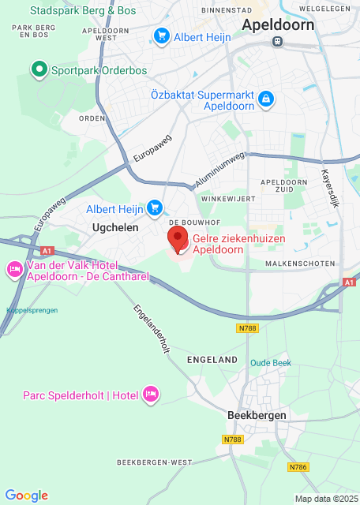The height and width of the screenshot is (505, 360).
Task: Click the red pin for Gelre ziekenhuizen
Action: (x=178, y=239)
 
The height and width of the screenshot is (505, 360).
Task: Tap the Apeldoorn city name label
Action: (x=277, y=24)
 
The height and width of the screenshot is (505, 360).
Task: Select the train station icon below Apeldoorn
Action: (x=276, y=42)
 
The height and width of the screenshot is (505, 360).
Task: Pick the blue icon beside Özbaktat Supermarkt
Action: (x=266, y=99)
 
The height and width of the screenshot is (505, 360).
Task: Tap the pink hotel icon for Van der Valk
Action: (x=14, y=270)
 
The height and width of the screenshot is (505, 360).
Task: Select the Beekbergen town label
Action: (x=256, y=415)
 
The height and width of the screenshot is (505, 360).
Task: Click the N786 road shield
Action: (x=297, y=467)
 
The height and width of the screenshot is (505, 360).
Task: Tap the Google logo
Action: (x=26, y=495)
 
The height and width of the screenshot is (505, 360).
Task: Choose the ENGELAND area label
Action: (x=212, y=360)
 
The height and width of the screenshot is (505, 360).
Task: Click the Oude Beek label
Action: (x=271, y=362)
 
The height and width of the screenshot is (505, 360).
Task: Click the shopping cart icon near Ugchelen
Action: (x=155, y=208)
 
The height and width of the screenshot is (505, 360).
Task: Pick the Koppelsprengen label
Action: (x=29, y=310)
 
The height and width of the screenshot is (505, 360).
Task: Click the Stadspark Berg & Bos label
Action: (x=83, y=11)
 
